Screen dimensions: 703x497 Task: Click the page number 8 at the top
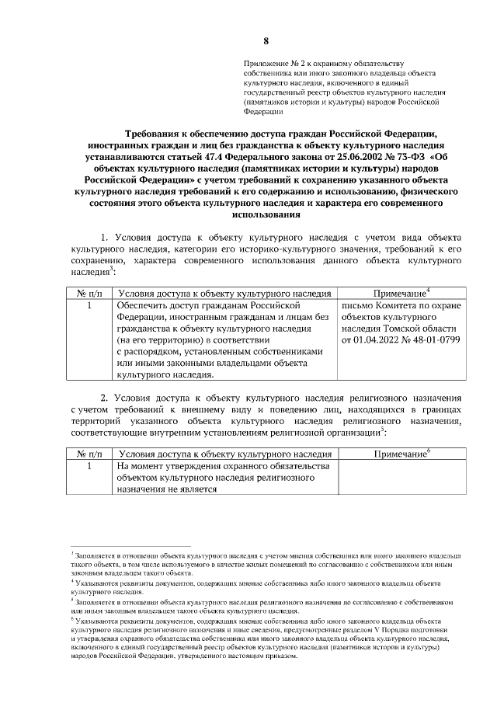click(x=266, y=40)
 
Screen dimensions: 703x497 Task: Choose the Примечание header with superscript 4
click(x=401, y=294)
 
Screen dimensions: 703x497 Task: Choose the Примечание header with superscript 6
click(x=401, y=453)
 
